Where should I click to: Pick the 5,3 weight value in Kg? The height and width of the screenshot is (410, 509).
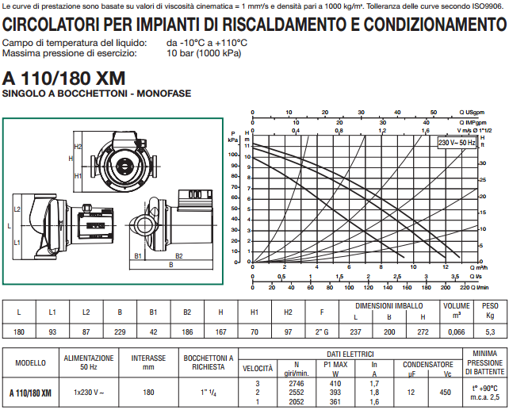coord(490,331)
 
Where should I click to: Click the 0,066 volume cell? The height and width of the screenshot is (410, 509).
coord(456,331)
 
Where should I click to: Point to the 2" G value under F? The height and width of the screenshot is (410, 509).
coord(321,331)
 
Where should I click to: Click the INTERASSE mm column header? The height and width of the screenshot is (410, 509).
coord(148,362)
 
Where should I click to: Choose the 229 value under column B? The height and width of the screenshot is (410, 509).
coord(119,331)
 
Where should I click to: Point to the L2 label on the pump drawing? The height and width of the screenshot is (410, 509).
coord(17,209)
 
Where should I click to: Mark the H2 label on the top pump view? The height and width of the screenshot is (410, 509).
coord(78,147)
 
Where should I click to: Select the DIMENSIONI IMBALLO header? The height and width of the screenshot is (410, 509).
coord(388,305)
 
